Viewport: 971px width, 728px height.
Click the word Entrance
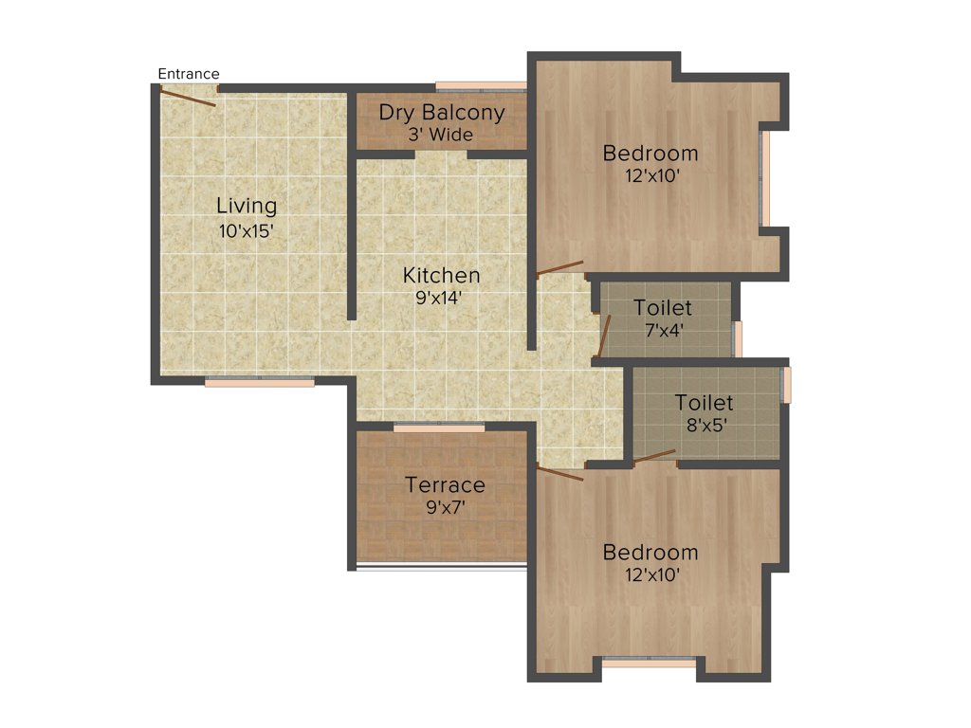pyautogui.click(x=189, y=74)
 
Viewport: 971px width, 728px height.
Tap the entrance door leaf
pyautogui.click(x=188, y=98)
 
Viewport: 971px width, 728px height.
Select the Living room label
pyautogui.click(x=247, y=206)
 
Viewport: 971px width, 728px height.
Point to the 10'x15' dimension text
pyautogui.click(x=247, y=229)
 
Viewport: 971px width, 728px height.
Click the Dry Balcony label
pyautogui.click(x=442, y=113)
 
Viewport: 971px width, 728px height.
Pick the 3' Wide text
pyautogui.click(x=441, y=135)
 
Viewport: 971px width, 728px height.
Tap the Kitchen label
pyautogui.click(x=442, y=276)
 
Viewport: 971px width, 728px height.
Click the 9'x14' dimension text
pyautogui.click(x=442, y=298)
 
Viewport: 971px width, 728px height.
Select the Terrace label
pyautogui.click(x=445, y=485)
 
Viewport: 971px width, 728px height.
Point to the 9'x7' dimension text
pyautogui.click(x=445, y=507)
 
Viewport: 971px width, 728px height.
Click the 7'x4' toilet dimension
pyautogui.click(x=664, y=331)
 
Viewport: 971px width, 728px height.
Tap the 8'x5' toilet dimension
pyautogui.click(x=705, y=425)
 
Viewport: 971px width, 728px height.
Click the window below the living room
pyautogui.click(x=260, y=382)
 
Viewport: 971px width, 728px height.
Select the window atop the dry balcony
pyautogui.click(x=481, y=86)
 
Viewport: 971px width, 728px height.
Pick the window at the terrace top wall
pyautogui.click(x=439, y=428)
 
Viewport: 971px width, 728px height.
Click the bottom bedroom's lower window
pyautogui.click(x=650, y=662)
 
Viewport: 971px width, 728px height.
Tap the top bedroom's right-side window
pyautogui.click(x=765, y=178)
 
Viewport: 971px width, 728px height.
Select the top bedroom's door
pyautogui.click(x=559, y=268)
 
